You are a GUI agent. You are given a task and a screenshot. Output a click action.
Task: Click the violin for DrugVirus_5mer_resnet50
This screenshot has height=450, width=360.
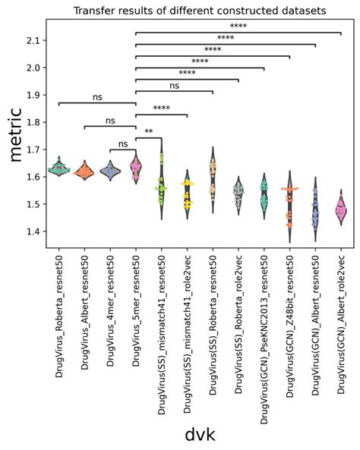136,169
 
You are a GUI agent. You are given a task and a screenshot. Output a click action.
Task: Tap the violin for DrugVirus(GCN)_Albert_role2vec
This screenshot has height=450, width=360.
340,207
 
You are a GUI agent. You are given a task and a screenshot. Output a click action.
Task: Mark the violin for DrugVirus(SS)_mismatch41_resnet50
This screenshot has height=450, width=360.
162,186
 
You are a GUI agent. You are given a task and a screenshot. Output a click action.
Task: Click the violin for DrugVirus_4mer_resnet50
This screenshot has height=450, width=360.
110,172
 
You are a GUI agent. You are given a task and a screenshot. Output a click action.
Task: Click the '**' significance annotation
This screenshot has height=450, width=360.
149,132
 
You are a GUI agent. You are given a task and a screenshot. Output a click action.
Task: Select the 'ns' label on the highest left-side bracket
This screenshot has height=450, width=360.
97,97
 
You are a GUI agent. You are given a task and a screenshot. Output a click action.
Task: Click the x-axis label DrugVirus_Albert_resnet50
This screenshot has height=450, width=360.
85,304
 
